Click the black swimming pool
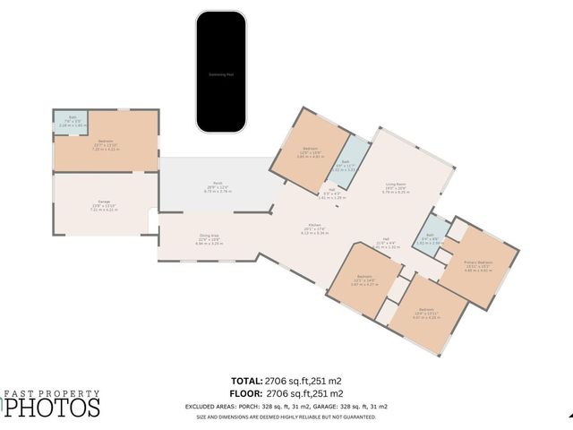pos(222,73)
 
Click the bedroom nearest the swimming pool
pos(310,150)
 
